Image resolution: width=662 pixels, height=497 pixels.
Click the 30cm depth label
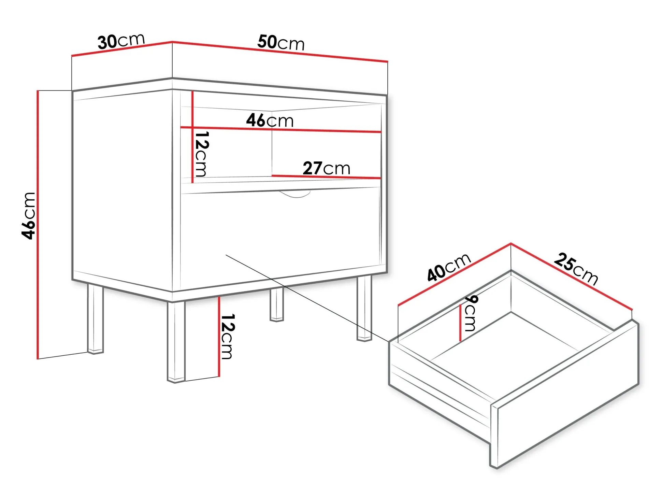[121, 41]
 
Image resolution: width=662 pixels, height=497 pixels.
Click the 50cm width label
[280, 43]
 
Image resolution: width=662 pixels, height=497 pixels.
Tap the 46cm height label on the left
[28, 215]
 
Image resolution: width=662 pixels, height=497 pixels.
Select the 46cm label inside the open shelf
[270, 120]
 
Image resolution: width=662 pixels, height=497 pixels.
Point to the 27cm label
[326, 168]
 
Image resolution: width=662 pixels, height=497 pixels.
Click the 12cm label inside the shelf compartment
[201, 154]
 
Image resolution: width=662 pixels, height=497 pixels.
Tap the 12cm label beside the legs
[227, 337]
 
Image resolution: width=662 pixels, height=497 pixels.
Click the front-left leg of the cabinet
[176, 342]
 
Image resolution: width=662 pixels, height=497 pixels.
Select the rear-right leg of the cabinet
[364, 309]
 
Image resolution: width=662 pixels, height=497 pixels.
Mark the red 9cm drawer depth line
[460, 323]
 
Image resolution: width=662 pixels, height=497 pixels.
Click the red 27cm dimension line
[326, 177]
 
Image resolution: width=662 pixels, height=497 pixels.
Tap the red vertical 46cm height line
[38, 225]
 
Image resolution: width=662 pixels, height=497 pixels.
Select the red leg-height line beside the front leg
[219, 336]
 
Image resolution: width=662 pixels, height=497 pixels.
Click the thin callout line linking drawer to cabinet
[307, 298]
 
